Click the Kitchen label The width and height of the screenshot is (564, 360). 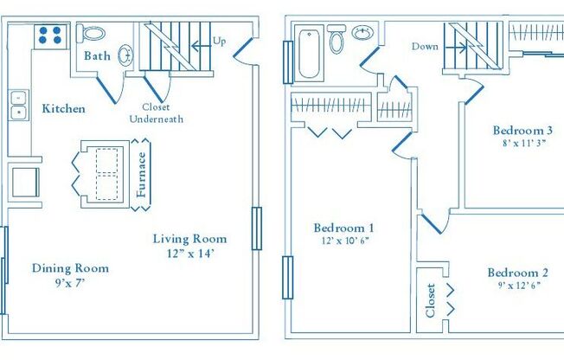click(x=63, y=109)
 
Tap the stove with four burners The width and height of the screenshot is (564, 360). click(x=51, y=35)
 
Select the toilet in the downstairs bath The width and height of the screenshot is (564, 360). click(x=92, y=34)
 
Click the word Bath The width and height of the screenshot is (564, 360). click(x=96, y=56)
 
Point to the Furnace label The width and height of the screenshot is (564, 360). click(x=142, y=176)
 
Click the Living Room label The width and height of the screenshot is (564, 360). click(x=190, y=239)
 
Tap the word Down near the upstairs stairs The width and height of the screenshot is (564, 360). click(x=425, y=47)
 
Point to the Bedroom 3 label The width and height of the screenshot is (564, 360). click(x=522, y=131)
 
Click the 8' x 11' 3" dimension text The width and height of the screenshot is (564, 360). click(x=522, y=145)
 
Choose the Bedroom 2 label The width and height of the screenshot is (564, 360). click(x=516, y=271)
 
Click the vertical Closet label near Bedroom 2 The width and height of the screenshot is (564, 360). click(x=430, y=299)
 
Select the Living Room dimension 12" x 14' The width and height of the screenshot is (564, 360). click(x=190, y=254)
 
